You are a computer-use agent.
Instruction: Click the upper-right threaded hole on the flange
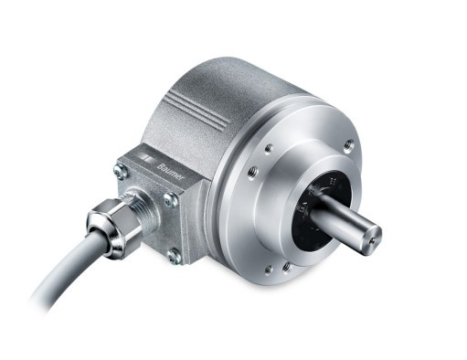click(348, 145)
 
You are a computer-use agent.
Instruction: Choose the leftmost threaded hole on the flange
click(253, 171)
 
